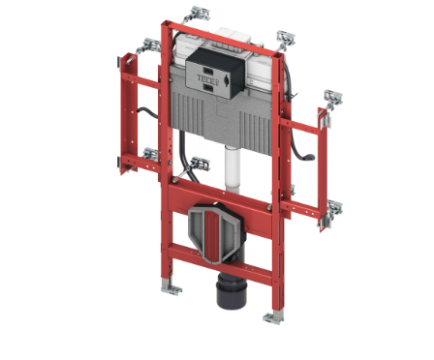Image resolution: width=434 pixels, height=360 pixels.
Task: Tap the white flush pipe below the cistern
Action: coord(232,169)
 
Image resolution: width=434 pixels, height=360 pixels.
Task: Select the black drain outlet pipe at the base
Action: coord(231,289)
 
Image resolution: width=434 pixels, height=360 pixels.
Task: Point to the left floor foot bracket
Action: coord(170,287)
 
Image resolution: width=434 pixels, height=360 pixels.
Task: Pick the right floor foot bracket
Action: coord(274,317)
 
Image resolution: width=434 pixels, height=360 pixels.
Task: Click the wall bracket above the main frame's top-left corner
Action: coord(197,15)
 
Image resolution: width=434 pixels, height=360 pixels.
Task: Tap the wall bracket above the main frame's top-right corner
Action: coord(286,39)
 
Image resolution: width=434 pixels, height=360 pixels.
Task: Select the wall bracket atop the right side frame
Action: coord(332,99)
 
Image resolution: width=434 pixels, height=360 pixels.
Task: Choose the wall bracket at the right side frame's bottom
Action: coord(333,209)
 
